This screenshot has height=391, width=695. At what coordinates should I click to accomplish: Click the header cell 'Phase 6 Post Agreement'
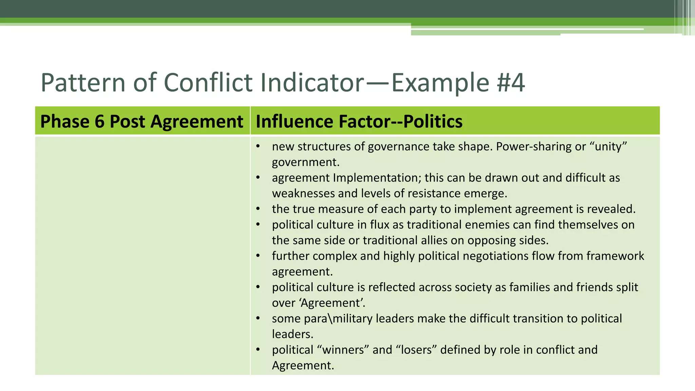click(142, 121)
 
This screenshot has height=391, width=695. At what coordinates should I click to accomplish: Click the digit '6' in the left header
click(99, 121)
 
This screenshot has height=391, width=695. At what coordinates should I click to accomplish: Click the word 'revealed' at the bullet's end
click(611, 209)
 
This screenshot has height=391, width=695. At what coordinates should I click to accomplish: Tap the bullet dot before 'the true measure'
click(258, 209)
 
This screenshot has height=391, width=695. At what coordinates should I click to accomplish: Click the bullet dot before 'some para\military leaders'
click(258, 318)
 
